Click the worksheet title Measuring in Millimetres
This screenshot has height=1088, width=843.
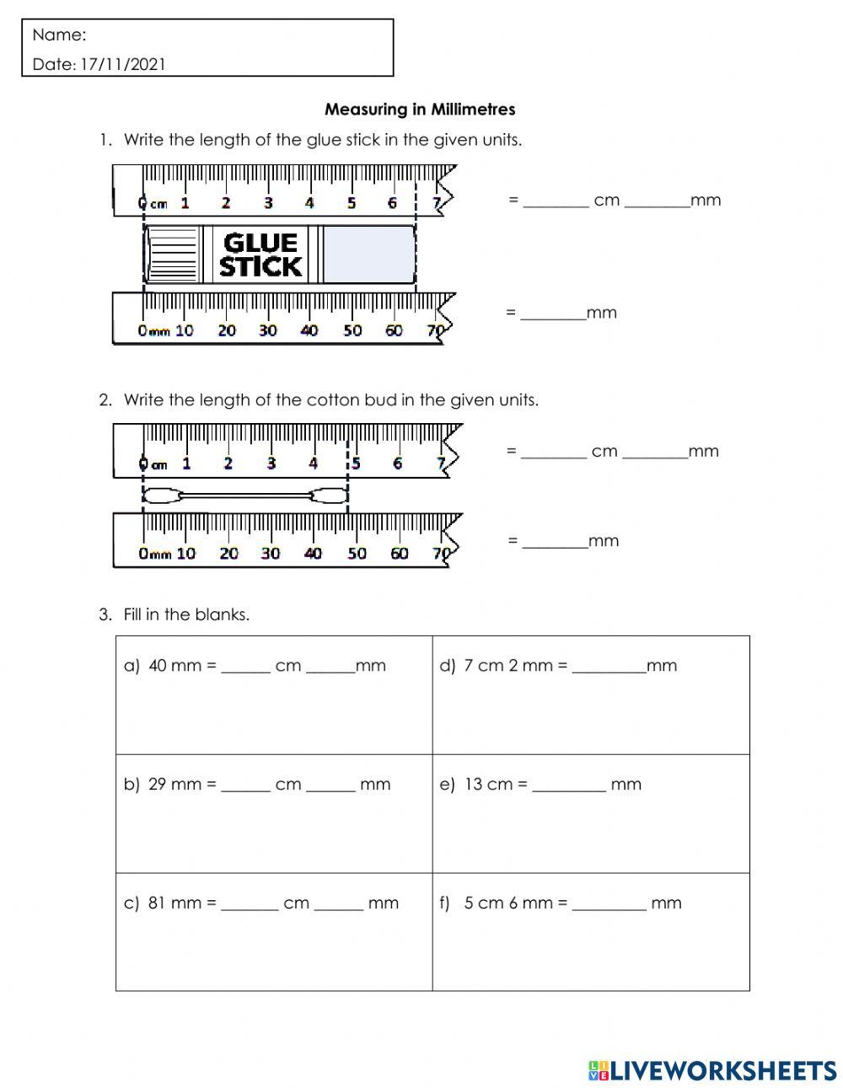pos(420,110)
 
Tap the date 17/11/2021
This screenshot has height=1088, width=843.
pos(123,64)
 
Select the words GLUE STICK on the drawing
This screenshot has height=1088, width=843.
pos(260,255)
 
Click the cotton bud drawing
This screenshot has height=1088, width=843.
pos(244,496)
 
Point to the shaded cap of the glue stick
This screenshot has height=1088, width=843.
pos(368,255)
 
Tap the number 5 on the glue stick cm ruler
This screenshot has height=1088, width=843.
pos(352,203)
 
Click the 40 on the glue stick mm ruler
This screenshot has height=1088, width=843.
pos(309,330)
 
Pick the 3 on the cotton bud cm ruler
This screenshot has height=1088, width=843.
pos(271,463)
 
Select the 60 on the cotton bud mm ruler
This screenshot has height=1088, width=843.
pos(399,554)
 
